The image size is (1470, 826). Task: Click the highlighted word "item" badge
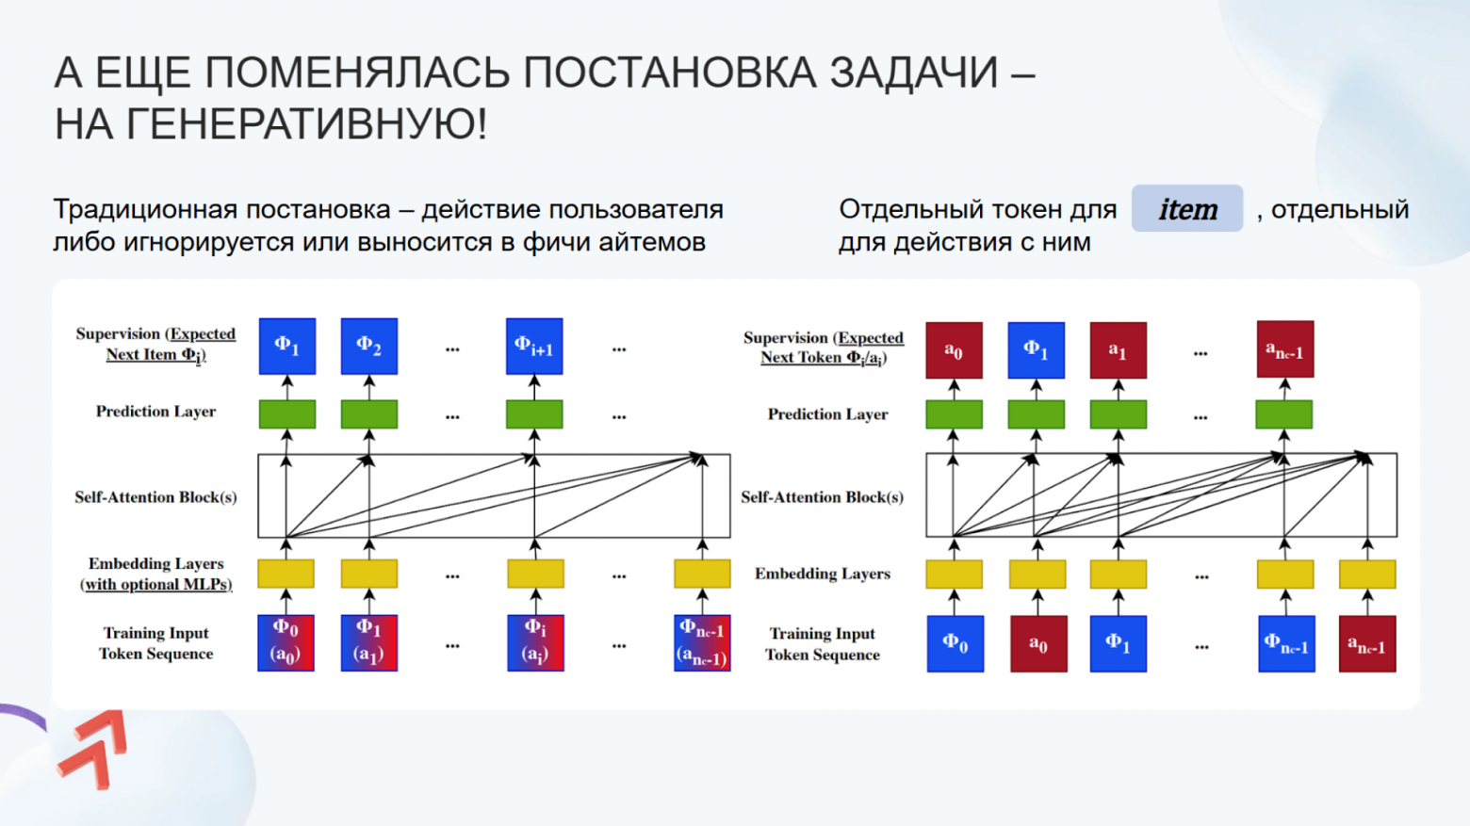1187,209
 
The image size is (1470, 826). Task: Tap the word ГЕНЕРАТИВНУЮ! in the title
271,124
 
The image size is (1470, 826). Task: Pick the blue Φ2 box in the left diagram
368,347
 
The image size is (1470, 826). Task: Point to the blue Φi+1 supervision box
534,347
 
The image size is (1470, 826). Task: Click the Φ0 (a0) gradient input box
286,642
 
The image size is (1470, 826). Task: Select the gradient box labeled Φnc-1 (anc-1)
702,642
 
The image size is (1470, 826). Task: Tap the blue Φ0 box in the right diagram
955,643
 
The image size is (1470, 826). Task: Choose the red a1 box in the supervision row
1118,350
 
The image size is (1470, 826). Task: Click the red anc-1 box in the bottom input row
1366,644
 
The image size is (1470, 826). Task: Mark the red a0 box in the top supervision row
954,350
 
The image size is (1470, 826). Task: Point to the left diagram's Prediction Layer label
155,412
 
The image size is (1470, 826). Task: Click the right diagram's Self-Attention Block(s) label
822,497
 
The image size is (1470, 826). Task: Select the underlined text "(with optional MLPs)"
155,584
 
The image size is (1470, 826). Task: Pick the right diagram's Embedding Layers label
822,574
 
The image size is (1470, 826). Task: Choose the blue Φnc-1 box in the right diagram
1286,644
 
